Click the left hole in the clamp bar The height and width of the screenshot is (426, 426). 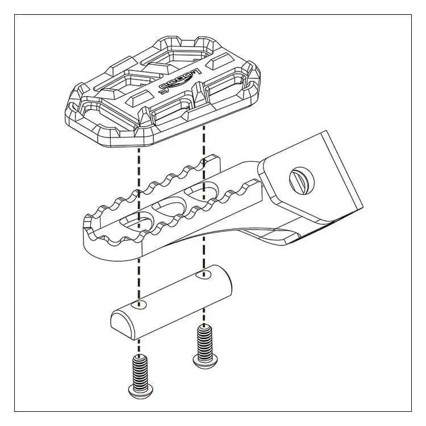point(141,305)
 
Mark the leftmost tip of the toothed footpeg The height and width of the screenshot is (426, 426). point(85,219)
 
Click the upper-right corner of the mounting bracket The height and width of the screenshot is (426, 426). point(325,132)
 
